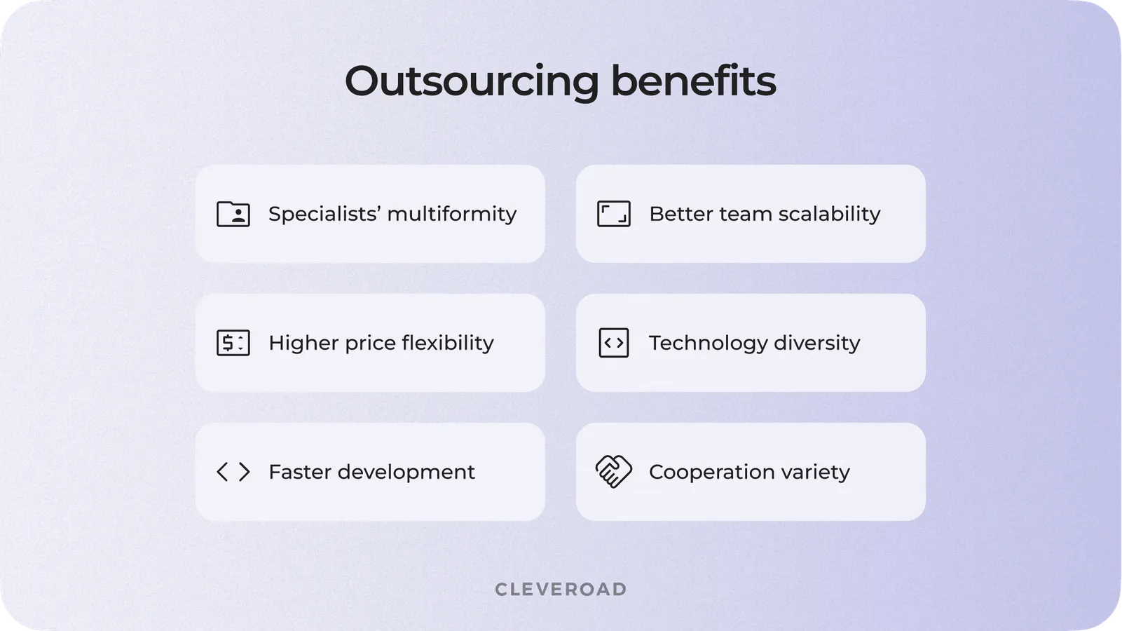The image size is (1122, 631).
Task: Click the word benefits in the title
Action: coord(693,81)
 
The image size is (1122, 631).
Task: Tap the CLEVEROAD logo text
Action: coord(561,589)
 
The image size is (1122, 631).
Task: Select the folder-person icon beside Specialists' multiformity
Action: coord(233,214)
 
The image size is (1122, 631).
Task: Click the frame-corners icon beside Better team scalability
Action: coord(613,214)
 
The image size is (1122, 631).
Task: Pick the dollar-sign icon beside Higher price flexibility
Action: coord(233,343)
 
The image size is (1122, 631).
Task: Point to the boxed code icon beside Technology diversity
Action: coord(613,343)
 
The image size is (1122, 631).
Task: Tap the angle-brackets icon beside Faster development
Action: coord(233,472)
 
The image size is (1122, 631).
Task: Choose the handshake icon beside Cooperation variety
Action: coord(613,471)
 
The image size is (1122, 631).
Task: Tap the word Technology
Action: coord(709,344)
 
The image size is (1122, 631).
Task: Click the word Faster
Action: coord(299,472)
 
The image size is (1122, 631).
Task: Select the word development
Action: coord(406,473)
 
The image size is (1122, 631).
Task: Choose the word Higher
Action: coord(303,344)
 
